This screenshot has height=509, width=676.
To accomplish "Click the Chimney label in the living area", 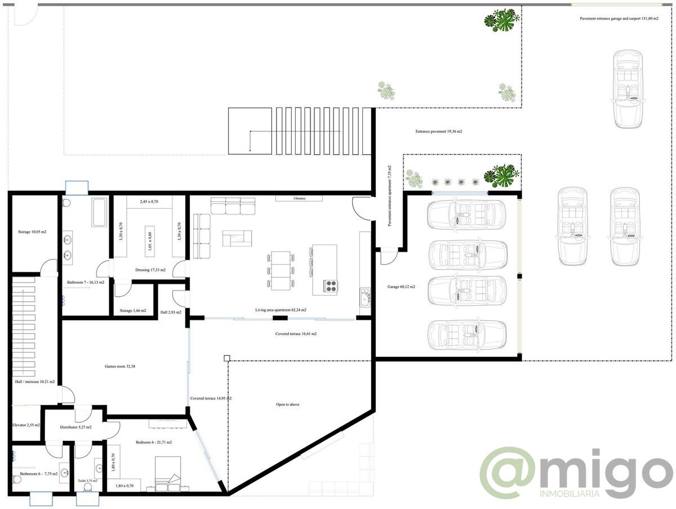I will click(299, 199).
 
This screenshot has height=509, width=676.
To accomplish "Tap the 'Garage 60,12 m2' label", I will click(401, 287).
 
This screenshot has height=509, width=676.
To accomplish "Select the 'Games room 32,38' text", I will click(120, 367).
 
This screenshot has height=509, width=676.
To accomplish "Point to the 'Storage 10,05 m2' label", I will click(32, 231).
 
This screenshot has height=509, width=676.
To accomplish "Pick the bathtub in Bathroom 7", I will click(100, 212).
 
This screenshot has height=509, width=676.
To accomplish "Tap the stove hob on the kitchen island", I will click(330, 287).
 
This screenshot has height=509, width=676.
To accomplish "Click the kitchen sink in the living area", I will click(364, 296).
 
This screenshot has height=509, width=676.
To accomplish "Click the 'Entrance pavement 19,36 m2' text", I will click(439, 131).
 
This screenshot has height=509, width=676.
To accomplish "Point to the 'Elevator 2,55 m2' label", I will click(26, 425).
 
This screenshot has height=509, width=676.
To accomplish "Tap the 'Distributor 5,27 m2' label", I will click(75, 427).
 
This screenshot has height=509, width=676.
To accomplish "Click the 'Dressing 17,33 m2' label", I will click(150, 270).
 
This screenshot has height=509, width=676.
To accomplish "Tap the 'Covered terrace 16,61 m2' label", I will click(296, 334).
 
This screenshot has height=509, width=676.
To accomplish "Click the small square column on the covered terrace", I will click(226, 358).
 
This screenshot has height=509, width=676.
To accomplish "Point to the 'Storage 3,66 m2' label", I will click(133, 310).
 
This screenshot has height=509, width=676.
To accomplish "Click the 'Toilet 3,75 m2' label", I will click(87, 481).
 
